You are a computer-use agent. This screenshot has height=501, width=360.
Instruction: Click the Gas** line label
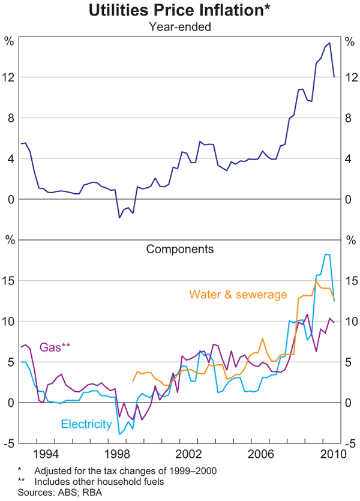(55, 347)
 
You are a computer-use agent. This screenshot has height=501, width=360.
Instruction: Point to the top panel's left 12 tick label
(9, 77)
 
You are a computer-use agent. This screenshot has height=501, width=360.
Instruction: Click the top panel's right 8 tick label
(351, 118)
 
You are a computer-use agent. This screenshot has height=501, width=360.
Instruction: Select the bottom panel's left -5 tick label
(9, 443)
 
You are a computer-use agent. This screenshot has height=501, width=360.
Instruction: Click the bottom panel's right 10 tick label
(351, 322)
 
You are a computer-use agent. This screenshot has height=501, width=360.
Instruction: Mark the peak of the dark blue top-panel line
(329, 43)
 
